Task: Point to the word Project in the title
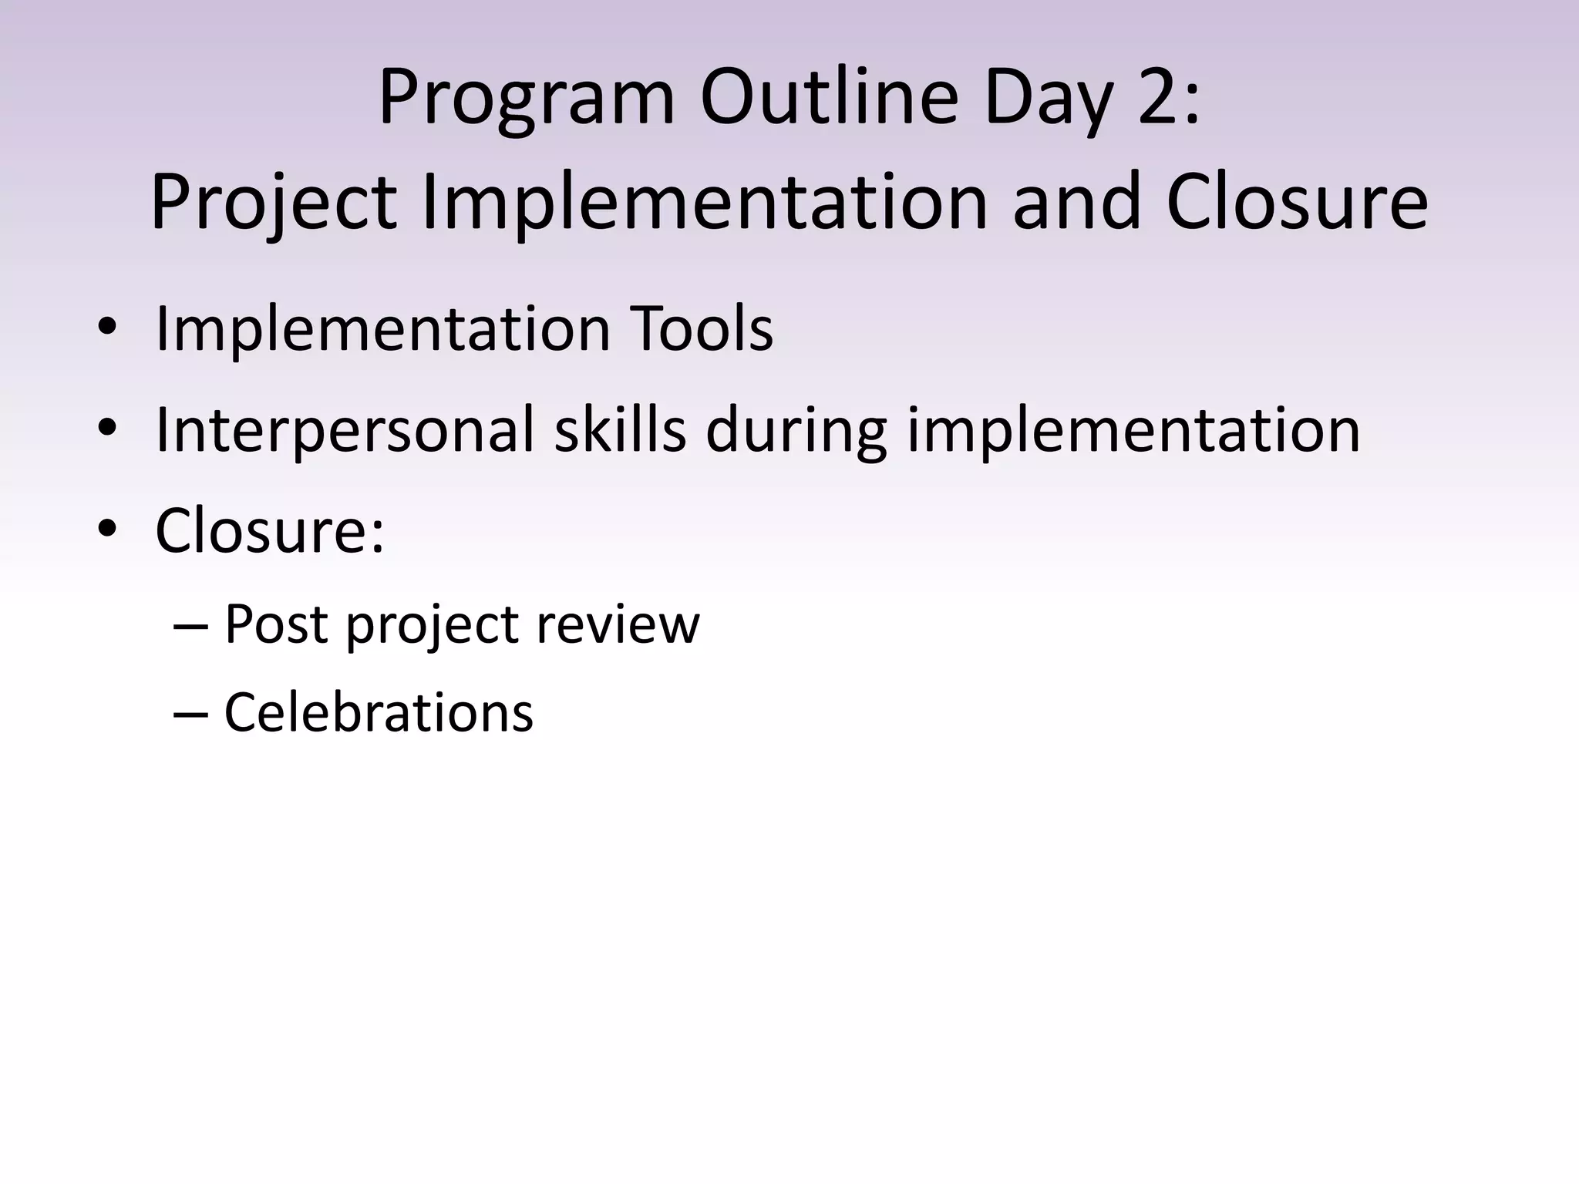coord(273,203)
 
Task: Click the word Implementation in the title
coord(703,203)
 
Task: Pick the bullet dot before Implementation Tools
coord(107,328)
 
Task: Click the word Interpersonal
coord(344,430)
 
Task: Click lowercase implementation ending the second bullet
coord(1133,430)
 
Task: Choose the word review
coord(618,624)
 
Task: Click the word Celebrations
coord(378,711)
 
